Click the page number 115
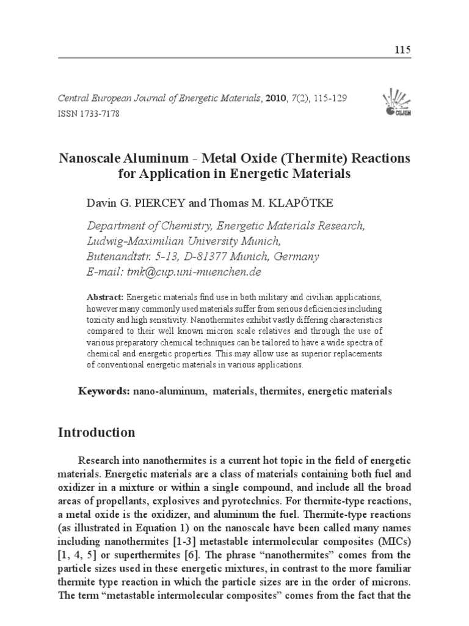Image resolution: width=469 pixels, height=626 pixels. click(403, 50)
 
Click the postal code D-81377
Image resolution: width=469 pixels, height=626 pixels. click(217, 256)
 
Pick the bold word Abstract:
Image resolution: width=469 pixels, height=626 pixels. click(106, 297)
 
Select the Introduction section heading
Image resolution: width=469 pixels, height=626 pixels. click(96, 433)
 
